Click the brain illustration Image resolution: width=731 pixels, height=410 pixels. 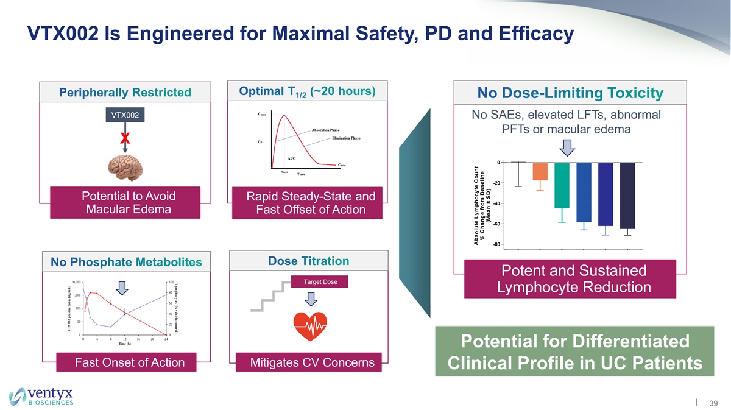(x=125, y=166)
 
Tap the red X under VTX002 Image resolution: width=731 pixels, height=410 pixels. (x=125, y=139)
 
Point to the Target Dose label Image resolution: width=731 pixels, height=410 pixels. (x=320, y=281)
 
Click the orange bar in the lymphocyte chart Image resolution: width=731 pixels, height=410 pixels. (x=540, y=171)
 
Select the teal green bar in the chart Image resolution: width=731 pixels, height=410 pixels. (x=562, y=185)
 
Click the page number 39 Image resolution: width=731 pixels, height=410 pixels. (x=713, y=402)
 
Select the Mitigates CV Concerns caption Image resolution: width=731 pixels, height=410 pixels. (x=313, y=363)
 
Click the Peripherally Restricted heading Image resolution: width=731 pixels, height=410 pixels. (x=125, y=93)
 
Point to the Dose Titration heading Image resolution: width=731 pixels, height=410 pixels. (x=308, y=261)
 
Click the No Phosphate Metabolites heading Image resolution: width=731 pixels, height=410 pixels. (x=126, y=262)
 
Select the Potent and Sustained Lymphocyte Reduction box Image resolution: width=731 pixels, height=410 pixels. (x=573, y=278)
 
